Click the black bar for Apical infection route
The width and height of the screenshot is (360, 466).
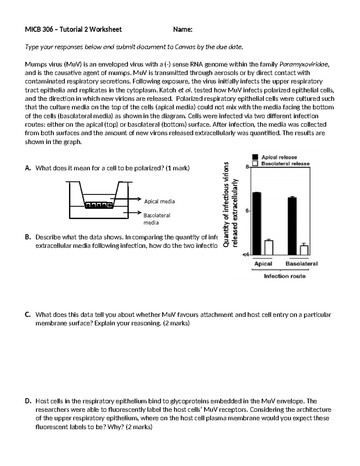(256, 224)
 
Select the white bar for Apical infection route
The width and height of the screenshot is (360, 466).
(268, 247)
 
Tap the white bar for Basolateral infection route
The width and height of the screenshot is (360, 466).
(304, 250)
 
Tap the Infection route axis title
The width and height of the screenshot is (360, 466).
(284, 276)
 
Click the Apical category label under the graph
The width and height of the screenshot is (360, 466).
(263, 264)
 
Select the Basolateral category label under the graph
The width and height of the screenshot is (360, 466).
(301, 264)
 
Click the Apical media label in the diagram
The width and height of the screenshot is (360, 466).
(159, 201)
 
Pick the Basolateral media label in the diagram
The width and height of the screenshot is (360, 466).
(157, 219)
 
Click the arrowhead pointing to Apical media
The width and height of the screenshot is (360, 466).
(139, 199)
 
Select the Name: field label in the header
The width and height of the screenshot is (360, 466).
(183, 29)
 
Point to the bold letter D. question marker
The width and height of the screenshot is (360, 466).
(28, 401)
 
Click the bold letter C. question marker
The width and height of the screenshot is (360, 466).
(28, 315)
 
